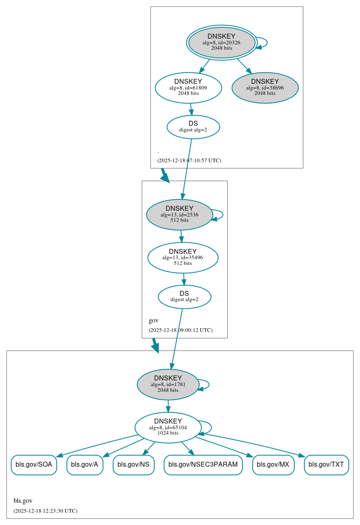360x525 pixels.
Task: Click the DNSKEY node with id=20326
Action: pyautogui.click(x=222, y=42)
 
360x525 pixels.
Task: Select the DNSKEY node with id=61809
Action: pyautogui.click(x=188, y=87)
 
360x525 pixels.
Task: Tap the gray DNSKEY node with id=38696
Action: pyautogui.click(x=265, y=87)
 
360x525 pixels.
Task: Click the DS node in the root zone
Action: pyautogui.click(x=193, y=127)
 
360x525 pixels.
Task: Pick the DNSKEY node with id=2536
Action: pyautogui.click(x=179, y=214)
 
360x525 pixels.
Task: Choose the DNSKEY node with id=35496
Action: pyautogui.click(x=183, y=258)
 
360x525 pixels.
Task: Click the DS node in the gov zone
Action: pyautogui.click(x=184, y=297)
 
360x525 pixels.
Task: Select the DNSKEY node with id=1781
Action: pyautogui.click(x=168, y=385)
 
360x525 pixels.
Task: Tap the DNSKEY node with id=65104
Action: pyautogui.click(x=168, y=427)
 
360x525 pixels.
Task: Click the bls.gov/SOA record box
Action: pyautogui.click(x=34, y=465)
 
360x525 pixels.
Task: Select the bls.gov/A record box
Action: pyautogui.click(x=85, y=465)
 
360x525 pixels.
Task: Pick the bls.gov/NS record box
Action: pyautogui.click(x=134, y=465)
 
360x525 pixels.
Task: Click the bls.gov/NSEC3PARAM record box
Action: pyautogui.click(x=203, y=465)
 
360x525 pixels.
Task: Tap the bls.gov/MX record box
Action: pyautogui.click(x=273, y=465)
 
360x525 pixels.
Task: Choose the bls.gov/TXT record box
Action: pyautogui.click(x=326, y=465)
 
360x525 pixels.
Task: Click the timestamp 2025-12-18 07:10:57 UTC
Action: pyautogui.click(x=189, y=160)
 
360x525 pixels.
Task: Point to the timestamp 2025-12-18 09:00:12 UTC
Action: pyautogui.click(x=180, y=330)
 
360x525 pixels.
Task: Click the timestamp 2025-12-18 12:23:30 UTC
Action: pyautogui.click(x=45, y=511)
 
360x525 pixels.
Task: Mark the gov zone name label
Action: pyautogui.click(x=153, y=320)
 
